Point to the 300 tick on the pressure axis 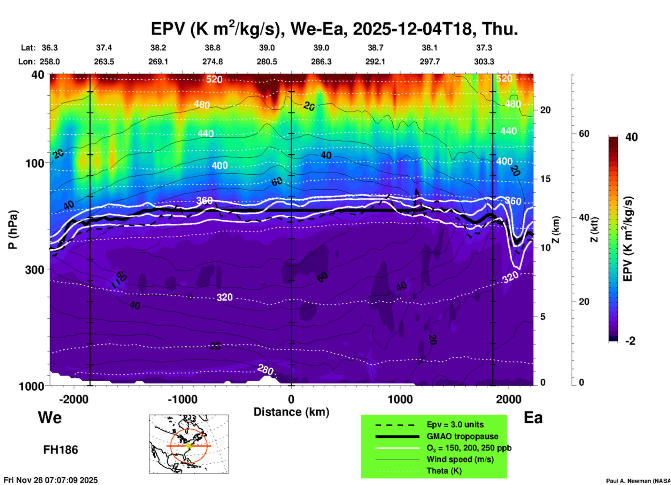[34, 270]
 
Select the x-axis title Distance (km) [291, 412]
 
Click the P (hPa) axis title [13, 230]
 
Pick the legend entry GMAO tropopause [462, 436]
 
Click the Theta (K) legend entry [444, 471]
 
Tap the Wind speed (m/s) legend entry [460, 460]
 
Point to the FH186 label [61, 450]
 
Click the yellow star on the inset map [189, 446]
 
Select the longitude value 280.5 [267, 62]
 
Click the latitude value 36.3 [49, 48]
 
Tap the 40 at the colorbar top [631, 137]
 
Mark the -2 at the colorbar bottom [630, 341]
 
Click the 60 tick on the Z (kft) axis [584, 134]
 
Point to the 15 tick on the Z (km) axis [545, 179]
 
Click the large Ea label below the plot [533, 418]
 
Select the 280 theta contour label [265, 369]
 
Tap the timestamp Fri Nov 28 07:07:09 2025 [51, 480]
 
